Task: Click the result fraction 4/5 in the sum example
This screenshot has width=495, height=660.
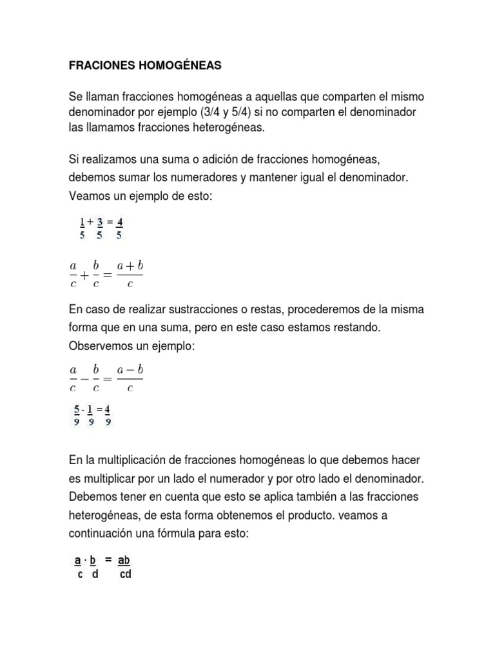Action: tap(120, 228)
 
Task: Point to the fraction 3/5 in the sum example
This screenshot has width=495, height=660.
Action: tap(101, 228)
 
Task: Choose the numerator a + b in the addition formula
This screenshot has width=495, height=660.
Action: tap(130, 266)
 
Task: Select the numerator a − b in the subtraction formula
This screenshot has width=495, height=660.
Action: tap(130, 370)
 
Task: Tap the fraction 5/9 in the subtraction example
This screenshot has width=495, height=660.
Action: tap(77, 415)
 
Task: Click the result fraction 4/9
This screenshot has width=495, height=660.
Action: tap(108, 415)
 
